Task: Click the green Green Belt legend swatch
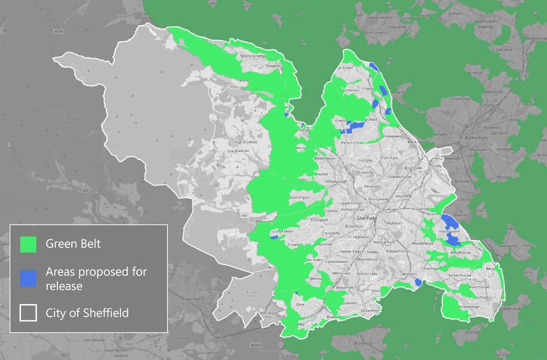pyautogui.click(x=28, y=244)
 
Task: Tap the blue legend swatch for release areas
pyautogui.click(x=28, y=277)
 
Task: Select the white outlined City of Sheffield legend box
pyautogui.click(x=28, y=313)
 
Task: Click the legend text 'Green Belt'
pyautogui.click(x=73, y=244)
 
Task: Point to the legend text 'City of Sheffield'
pyautogui.click(x=88, y=313)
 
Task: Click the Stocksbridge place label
pyautogui.click(x=252, y=56)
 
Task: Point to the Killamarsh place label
pyautogui.click(x=508, y=309)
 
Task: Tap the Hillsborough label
pyautogui.click(x=336, y=181)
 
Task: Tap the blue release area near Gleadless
pyautogui.click(x=418, y=282)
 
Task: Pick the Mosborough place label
pyautogui.click(x=468, y=306)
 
